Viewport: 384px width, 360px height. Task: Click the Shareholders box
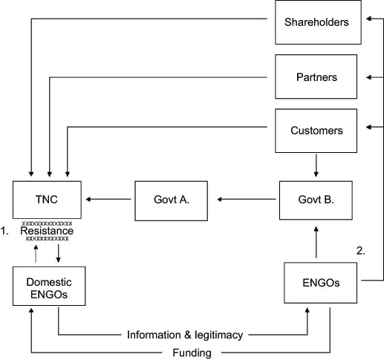[x=316, y=22]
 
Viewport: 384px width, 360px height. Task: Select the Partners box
[x=316, y=76]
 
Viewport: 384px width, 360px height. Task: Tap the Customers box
[x=316, y=131]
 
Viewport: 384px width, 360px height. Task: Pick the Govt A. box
[x=170, y=199]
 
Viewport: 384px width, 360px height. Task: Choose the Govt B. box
[x=316, y=199]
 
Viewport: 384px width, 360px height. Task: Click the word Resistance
[x=47, y=232]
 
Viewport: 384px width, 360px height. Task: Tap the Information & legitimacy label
[x=184, y=335]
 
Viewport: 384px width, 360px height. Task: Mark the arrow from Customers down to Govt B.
[x=316, y=166]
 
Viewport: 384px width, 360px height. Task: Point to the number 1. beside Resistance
[x=6, y=232]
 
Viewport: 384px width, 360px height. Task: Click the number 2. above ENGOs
[x=361, y=251]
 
